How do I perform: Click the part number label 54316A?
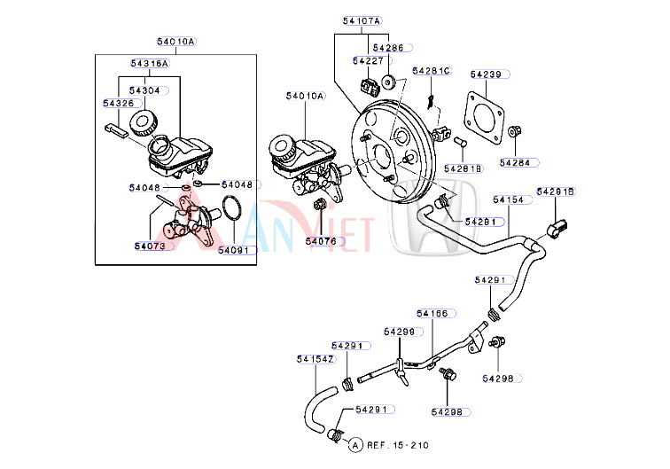(150, 63)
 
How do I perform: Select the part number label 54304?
(144, 90)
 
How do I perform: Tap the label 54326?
(118, 104)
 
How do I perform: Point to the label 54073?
(150, 246)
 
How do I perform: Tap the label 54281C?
(432, 70)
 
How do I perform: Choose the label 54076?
(321, 240)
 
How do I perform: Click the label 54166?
(436, 313)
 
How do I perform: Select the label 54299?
(399, 332)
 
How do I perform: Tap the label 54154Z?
(315, 359)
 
